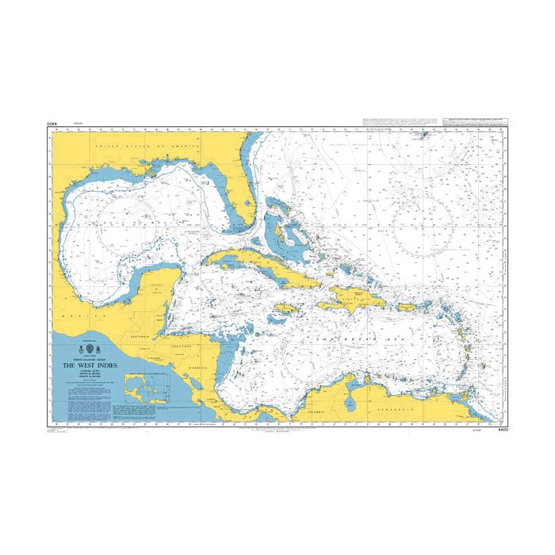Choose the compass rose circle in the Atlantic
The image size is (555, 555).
click(x=425, y=224)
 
